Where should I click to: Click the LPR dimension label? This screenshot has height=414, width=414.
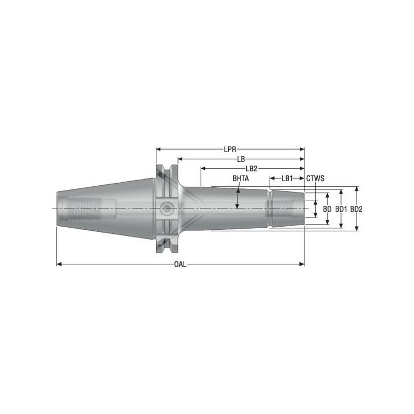(230, 149)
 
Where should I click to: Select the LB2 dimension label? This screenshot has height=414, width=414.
(252, 169)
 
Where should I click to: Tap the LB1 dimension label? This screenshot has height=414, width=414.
(287, 179)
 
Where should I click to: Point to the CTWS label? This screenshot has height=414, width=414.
(315, 179)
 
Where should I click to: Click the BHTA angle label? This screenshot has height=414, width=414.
(241, 179)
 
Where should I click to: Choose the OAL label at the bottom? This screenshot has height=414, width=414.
(180, 264)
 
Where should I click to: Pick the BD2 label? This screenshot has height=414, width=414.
(356, 209)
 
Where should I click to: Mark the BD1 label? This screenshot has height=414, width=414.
(341, 209)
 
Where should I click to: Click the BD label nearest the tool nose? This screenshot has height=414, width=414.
(327, 209)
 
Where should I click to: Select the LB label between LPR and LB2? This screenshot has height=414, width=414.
(241, 159)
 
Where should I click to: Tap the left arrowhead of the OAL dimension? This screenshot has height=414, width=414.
(58, 264)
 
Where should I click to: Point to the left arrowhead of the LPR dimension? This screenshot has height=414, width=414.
(158, 149)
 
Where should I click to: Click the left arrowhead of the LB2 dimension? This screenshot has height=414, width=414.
(203, 169)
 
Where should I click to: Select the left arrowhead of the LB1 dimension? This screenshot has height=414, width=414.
(272, 179)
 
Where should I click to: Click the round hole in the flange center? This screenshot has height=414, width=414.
(166, 209)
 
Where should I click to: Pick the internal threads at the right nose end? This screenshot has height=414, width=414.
(282, 209)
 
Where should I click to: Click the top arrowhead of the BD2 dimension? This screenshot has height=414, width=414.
(356, 189)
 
